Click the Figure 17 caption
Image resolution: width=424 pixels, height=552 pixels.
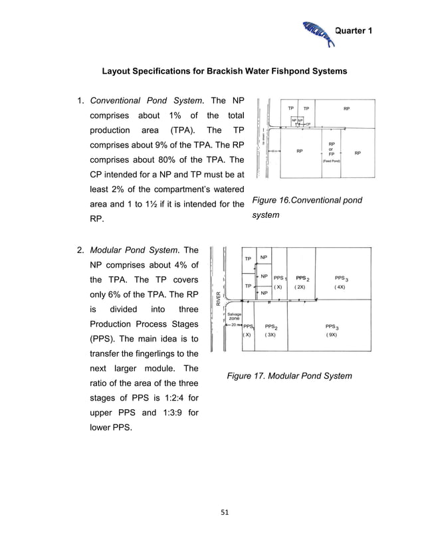click(289, 376)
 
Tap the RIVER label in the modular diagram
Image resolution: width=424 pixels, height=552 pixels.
click(218, 299)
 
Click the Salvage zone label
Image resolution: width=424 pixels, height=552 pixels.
click(235, 316)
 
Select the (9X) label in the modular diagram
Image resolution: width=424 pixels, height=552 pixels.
click(332, 335)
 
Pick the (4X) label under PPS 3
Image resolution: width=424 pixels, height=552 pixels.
click(340, 287)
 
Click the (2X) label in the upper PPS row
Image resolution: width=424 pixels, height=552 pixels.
click(300, 287)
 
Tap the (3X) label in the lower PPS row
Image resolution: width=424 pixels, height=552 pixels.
click(271, 335)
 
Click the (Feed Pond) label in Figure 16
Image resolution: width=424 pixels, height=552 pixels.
click(332, 161)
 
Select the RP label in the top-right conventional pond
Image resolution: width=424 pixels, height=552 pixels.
click(347, 108)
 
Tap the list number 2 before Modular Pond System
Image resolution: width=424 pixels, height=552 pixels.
click(80, 250)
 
